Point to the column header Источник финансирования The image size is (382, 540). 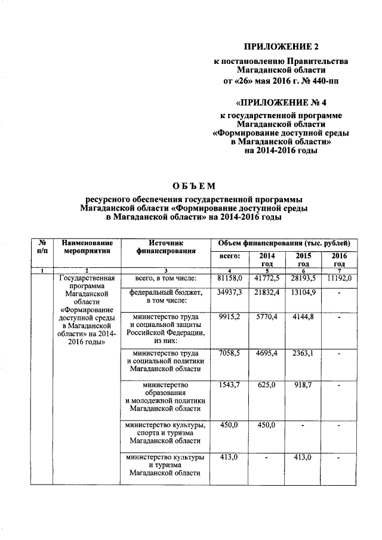click(x=165, y=248)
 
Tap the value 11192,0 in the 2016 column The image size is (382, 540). click(x=340, y=278)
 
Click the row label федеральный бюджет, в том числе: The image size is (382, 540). click(x=165, y=297)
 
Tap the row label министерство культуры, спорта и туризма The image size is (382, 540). click(x=165, y=433)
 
